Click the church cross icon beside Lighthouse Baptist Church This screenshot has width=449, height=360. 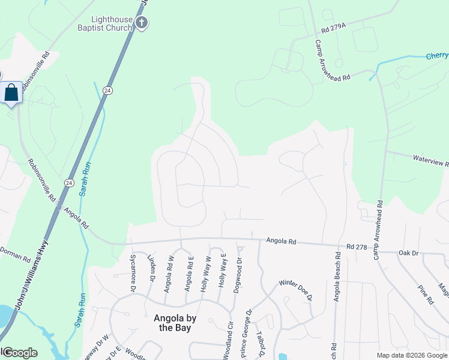tap(142, 23)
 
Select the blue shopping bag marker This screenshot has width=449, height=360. tap(11, 93)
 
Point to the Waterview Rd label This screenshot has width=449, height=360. tap(430, 160)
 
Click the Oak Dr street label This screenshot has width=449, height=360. tap(408, 253)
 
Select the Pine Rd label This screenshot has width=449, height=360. tap(426, 293)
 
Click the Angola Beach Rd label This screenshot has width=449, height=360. tap(338, 276)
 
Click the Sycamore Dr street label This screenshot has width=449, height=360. tap(133, 272)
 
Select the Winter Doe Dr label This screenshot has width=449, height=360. tap(295, 290)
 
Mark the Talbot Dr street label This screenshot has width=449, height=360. tap(261, 344)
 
